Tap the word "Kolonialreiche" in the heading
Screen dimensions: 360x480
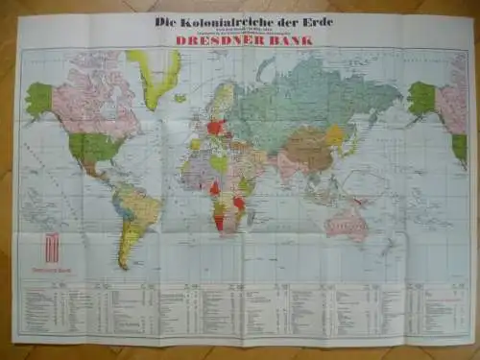(x=222, y=21)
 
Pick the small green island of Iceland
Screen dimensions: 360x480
(x=180, y=97)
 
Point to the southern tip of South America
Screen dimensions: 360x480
(x=126, y=265)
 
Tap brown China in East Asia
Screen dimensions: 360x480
(x=309, y=149)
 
